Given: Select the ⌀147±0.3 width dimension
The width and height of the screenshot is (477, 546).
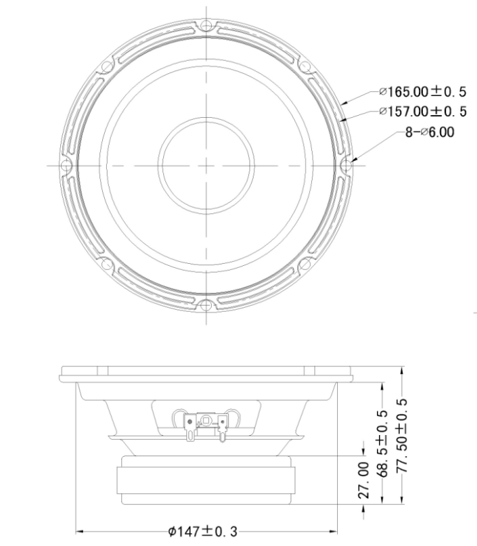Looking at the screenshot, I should point(206,530).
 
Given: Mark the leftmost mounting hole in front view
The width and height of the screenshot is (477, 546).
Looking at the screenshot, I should point(66,166).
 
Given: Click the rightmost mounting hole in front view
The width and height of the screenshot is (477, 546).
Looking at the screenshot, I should point(347,166).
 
